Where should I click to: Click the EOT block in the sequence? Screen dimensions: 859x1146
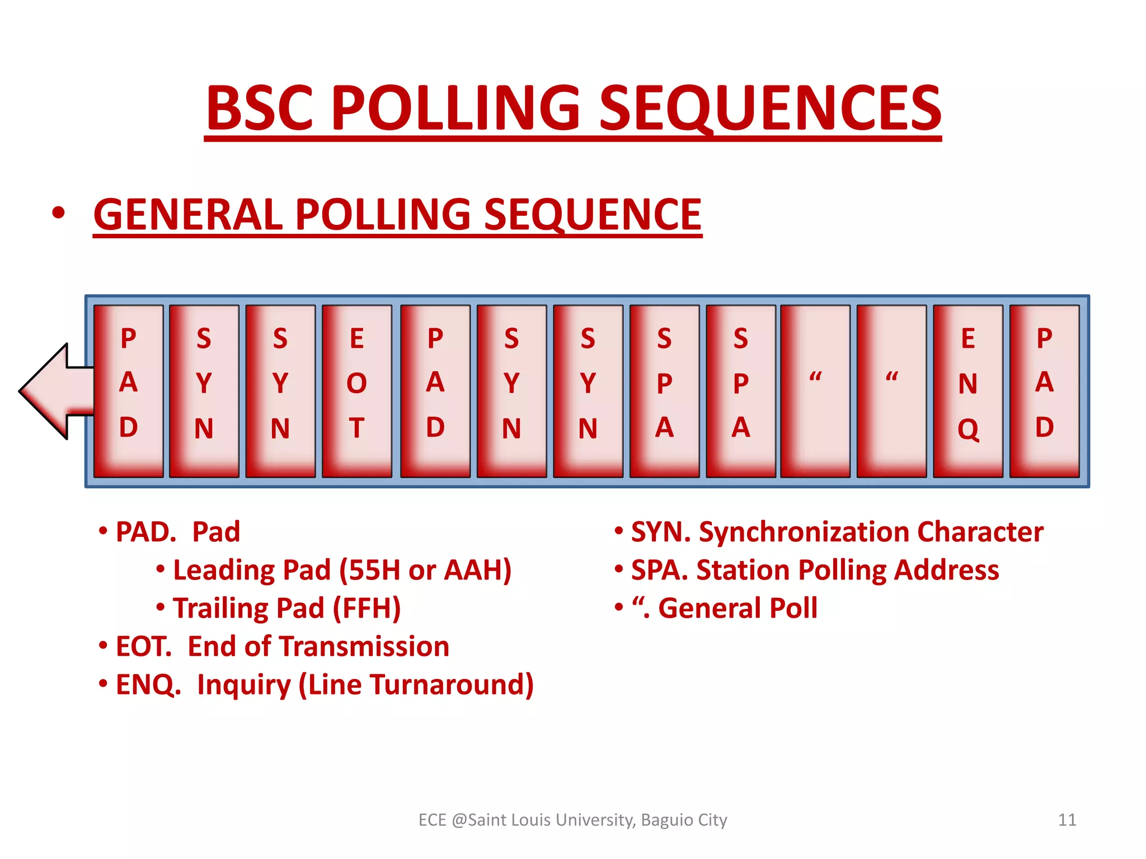[x=356, y=391]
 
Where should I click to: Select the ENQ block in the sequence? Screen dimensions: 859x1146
[x=968, y=391]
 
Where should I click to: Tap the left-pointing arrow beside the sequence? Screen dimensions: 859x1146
[x=53, y=391]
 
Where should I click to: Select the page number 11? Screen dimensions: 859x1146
[x=1067, y=820]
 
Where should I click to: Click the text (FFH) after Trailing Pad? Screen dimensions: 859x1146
[x=367, y=608]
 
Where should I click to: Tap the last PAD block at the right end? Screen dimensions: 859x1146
[x=1044, y=391]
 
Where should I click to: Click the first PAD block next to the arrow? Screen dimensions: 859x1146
[x=128, y=391]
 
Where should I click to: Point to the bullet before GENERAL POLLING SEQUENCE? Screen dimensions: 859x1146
[x=58, y=214]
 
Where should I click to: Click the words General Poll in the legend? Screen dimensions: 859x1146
[x=738, y=608]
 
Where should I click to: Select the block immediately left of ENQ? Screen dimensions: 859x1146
[x=891, y=391]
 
